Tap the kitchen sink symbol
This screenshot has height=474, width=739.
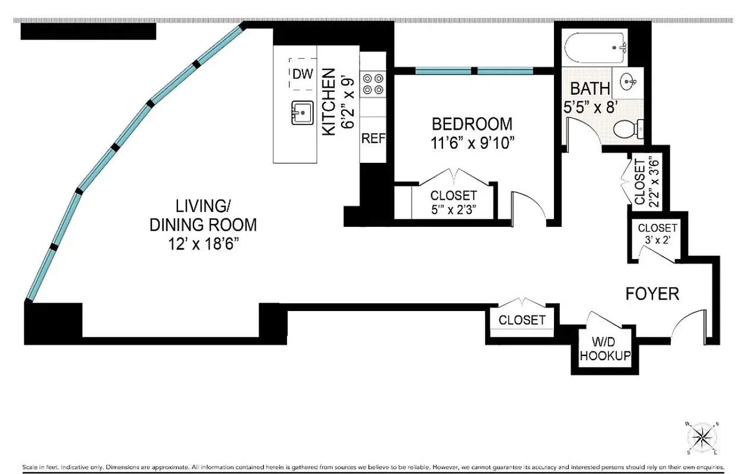point(302,113)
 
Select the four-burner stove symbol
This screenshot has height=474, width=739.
point(373,84)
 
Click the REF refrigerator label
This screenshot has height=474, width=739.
point(374,139)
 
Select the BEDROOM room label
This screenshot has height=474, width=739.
point(472,124)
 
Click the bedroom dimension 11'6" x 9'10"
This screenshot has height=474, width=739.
point(472,143)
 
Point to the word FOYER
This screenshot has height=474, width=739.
point(652,293)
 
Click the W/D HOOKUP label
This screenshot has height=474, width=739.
point(605,350)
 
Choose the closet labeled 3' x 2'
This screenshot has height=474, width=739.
point(657,234)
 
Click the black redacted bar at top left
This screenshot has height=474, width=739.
point(88,31)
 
